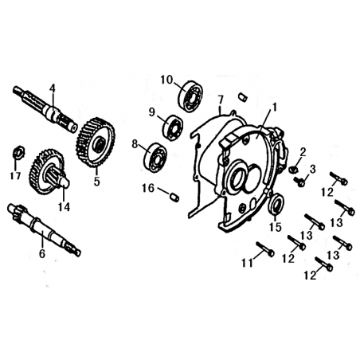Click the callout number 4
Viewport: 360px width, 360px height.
point(53,88)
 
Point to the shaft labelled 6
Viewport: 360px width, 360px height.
point(44,229)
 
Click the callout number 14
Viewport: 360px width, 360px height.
point(64,207)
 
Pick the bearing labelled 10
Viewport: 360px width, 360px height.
point(190,96)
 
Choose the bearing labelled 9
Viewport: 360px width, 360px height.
point(173,128)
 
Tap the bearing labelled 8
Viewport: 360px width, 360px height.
point(155,157)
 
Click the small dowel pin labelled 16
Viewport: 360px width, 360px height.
point(174,198)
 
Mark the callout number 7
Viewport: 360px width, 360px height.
point(220,101)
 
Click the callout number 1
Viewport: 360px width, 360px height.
point(274,108)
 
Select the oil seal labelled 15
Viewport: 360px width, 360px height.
point(277,203)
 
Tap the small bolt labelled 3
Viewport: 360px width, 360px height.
point(299,182)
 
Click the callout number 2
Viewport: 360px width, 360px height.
point(303,152)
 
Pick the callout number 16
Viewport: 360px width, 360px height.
point(148,188)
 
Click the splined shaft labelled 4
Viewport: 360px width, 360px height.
point(45,108)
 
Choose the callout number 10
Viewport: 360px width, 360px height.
point(166,80)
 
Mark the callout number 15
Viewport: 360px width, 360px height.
point(276,226)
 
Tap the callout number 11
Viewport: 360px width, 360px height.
point(247,263)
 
